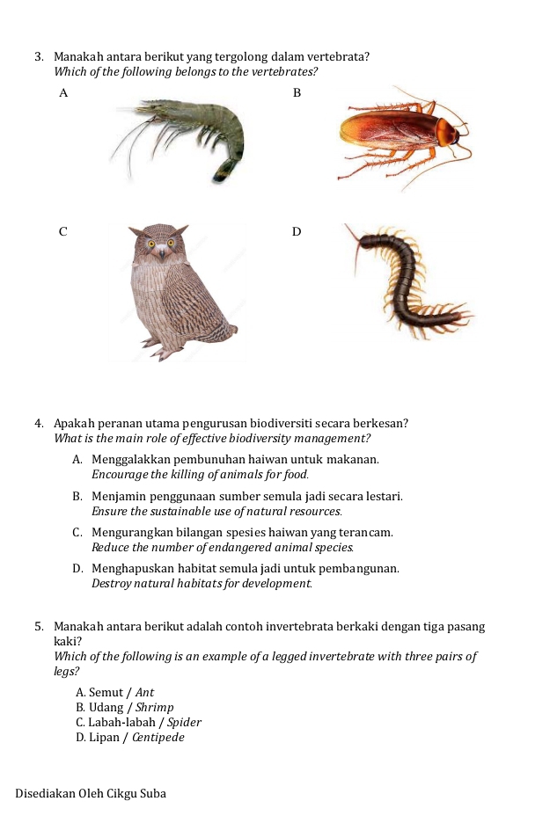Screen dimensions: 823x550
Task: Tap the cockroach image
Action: tap(400, 136)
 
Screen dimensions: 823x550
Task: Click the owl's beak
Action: tap(160, 252)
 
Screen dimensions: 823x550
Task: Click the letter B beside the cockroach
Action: tap(297, 92)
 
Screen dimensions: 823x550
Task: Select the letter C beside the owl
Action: tap(62, 231)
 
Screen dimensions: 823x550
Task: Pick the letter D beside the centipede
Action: tap(297, 231)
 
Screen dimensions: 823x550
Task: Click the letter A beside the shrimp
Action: tap(62, 92)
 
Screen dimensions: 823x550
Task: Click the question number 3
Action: tap(40, 57)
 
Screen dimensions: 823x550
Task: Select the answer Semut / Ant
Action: tap(115, 693)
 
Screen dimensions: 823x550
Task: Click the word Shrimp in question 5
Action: tap(156, 708)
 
